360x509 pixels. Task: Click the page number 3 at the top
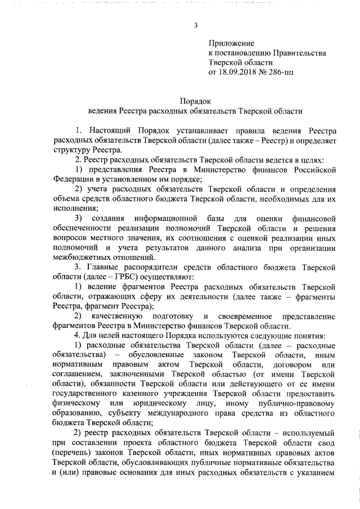(x=195, y=25)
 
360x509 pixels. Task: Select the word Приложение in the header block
(x=231, y=43)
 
